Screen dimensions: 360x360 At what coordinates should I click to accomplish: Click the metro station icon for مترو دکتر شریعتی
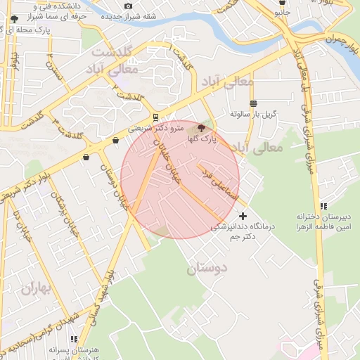tap(155, 117)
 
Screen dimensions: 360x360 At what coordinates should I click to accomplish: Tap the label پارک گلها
tap(202, 140)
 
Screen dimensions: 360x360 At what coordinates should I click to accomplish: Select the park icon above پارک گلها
tap(202, 128)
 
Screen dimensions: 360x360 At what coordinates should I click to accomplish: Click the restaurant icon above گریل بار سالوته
tap(253, 103)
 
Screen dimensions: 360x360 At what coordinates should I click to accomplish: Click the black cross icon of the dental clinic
tap(243, 216)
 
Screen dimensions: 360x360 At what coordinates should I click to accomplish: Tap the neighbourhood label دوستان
tap(208, 268)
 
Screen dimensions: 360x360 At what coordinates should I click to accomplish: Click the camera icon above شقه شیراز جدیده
tap(128, 6)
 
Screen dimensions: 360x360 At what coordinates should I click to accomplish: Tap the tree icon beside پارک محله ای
tap(14, 30)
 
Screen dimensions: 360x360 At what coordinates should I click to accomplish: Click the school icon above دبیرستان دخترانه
tap(323, 206)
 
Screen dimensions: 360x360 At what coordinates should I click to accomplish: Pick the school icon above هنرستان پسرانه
tap(74, 339)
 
